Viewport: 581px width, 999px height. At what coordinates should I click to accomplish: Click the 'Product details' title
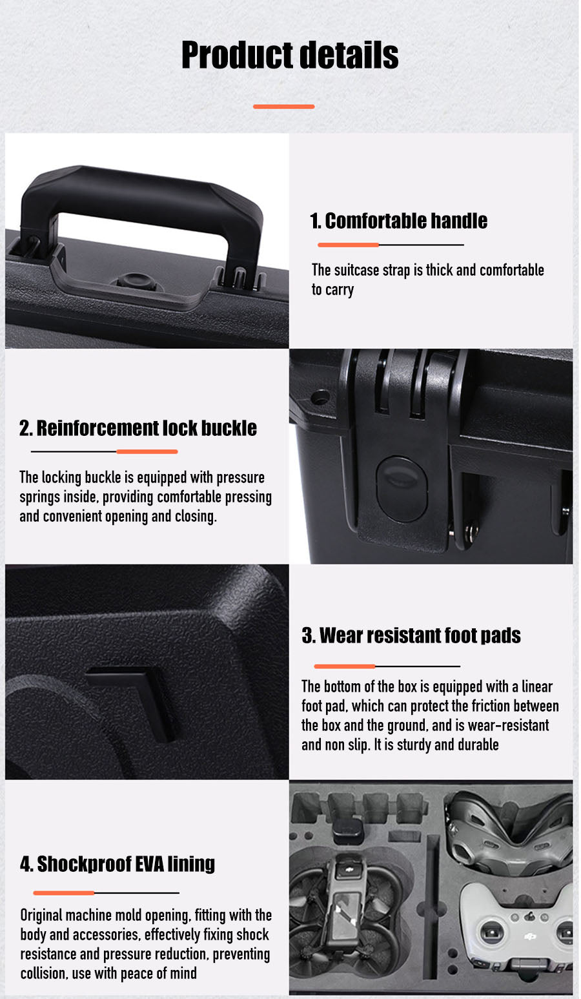(290, 56)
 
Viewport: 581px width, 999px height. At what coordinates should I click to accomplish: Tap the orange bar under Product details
(283, 107)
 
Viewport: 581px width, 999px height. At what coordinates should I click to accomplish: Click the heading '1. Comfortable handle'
(398, 221)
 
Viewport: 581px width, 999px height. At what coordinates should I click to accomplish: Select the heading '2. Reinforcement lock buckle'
(138, 428)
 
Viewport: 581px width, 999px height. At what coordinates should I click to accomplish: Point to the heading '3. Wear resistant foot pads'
(411, 635)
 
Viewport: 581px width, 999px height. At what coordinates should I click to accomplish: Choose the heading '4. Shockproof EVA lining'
(117, 864)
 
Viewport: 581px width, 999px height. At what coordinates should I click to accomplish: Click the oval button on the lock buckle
(402, 488)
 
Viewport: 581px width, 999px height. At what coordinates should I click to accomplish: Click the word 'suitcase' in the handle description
(356, 271)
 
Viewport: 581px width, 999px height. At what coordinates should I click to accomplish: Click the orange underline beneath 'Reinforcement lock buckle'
(147, 452)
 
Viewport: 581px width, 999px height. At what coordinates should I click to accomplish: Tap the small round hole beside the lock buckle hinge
(320, 397)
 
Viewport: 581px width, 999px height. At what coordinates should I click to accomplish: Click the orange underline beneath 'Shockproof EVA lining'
(64, 893)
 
